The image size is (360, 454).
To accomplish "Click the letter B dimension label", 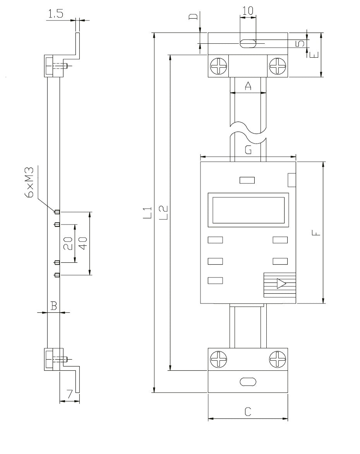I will [x=54, y=307].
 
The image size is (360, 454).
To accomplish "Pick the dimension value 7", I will [x=70, y=395].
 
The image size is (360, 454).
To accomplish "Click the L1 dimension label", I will [x=146, y=214].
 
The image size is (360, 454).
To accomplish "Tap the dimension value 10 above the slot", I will [x=248, y=11].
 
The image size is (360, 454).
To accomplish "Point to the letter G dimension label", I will [x=248, y=150].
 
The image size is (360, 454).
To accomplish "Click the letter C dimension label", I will [x=248, y=412].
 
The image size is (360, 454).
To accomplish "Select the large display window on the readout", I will [x=248, y=209].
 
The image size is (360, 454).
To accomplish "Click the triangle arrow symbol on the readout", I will [x=281, y=284].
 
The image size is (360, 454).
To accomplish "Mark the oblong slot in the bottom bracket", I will [x=248, y=382].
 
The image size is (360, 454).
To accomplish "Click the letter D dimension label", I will [x=195, y=17].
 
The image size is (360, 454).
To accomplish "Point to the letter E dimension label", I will [x=314, y=53].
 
